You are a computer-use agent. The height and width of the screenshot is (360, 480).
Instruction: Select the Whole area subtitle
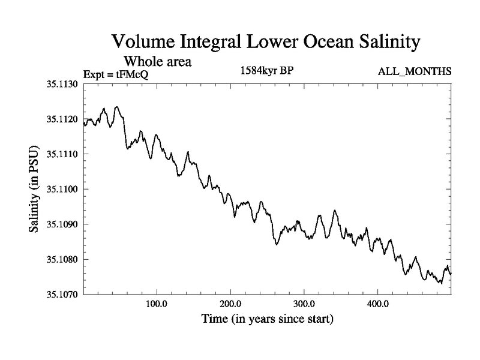(157, 61)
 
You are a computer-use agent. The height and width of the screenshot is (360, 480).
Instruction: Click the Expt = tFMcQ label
(115, 74)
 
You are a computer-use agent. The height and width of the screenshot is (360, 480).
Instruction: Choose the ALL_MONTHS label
(414, 72)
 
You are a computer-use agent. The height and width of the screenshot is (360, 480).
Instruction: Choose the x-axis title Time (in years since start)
(267, 319)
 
